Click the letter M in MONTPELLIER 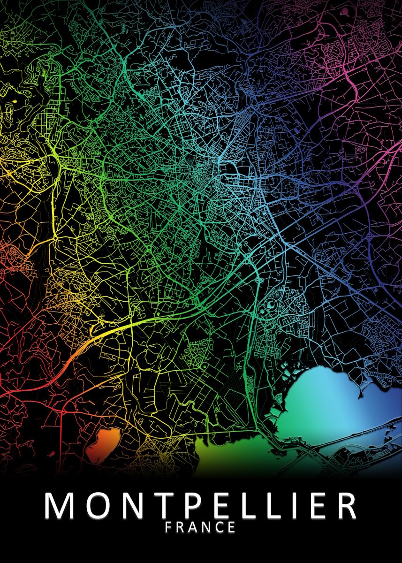click(61, 506)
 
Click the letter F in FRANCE click(169, 528)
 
